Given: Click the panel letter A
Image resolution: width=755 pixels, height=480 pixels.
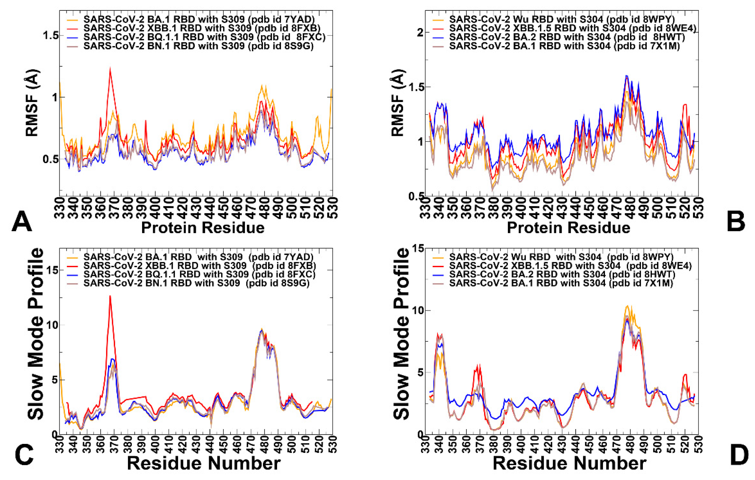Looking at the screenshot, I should click(22, 222).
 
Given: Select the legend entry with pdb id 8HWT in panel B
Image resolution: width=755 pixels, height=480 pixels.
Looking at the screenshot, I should click(567, 37).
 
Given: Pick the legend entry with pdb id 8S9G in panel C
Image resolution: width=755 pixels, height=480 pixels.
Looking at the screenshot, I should click(196, 283).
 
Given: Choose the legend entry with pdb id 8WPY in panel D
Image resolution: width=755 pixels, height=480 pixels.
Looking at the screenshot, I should click(561, 257).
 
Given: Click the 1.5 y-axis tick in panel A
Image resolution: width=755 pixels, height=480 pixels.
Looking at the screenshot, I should click(51, 36).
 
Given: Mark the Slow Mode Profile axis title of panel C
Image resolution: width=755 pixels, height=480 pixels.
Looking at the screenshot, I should click(35, 334).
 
